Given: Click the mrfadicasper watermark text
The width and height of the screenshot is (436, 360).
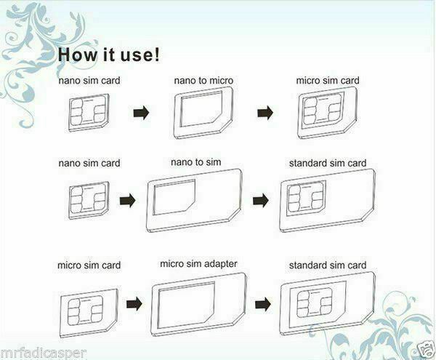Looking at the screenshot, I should (x=44, y=352).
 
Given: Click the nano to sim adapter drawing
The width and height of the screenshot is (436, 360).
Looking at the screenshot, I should (x=193, y=204).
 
